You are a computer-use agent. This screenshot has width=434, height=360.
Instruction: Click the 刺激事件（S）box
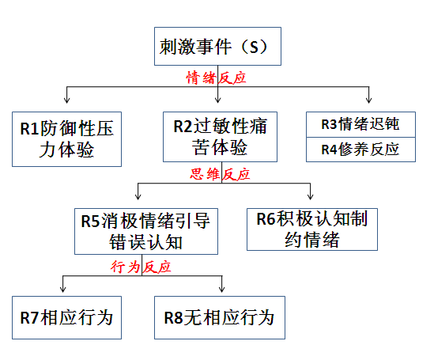click(218, 46)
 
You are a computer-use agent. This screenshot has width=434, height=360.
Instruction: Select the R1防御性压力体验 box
click(66, 139)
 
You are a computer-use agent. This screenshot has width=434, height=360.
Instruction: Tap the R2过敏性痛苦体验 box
click(220, 137)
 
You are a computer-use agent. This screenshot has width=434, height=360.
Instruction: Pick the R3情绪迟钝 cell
click(360, 124)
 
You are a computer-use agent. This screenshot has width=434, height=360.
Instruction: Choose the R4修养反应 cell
click(360, 150)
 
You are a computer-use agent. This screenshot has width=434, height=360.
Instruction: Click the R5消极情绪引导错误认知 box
click(146, 231)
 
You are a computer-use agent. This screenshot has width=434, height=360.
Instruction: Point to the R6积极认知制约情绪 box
click(312, 229)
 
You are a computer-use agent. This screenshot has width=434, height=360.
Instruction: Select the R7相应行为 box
click(66, 317)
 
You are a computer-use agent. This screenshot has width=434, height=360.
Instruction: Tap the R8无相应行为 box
click(220, 317)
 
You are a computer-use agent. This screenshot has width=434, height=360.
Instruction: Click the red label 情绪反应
click(216, 78)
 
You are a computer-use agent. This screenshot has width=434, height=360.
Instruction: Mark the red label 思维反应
click(220, 174)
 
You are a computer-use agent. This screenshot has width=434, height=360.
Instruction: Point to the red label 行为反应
click(141, 267)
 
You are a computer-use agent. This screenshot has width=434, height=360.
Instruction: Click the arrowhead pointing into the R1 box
click(66, 100)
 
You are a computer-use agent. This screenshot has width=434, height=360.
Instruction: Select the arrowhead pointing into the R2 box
click(218, 100)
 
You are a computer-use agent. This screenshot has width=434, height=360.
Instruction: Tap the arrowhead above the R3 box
click(368, 100)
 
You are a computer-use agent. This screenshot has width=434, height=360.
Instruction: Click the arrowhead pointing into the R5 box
click(138, 196)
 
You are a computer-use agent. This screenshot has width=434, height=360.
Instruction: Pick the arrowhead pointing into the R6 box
click(310, 196)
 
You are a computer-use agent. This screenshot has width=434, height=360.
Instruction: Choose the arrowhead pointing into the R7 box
click(63, 289)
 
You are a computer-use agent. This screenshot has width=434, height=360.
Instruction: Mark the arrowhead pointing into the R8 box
click(221, 289)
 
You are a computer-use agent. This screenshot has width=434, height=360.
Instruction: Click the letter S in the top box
click(254, 47)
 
